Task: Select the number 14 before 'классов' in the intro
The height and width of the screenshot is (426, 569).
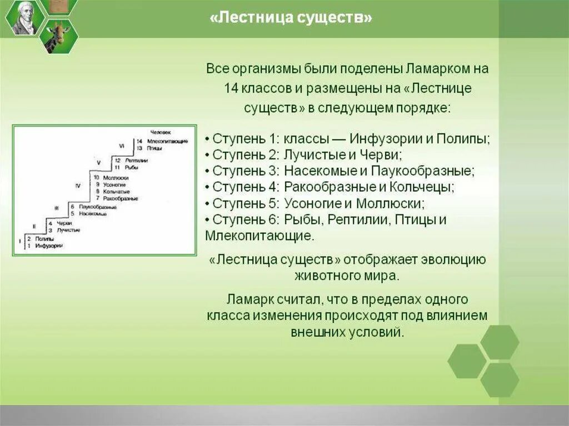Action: [232, 88]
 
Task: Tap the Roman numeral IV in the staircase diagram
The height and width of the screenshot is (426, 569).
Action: [78, 185]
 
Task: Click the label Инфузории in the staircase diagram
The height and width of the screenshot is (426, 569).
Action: [48, 245]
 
